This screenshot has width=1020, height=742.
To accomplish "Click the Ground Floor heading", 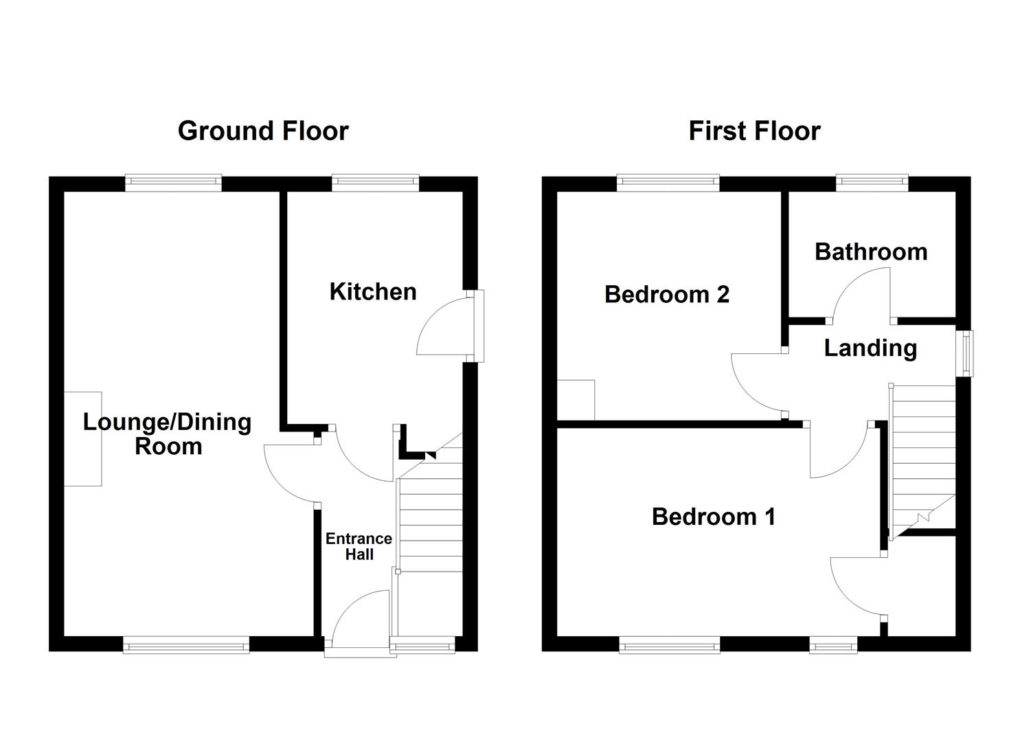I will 263,131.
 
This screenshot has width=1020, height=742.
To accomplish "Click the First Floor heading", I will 754,131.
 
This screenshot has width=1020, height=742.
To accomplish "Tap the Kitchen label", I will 373,291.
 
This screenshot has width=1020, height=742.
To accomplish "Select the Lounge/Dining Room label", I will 168,434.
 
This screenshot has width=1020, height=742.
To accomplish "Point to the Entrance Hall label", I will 359,546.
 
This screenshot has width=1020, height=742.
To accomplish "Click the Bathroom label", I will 871,251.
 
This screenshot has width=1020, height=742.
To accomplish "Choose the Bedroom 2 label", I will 666,294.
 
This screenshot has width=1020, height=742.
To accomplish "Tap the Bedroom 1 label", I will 714,516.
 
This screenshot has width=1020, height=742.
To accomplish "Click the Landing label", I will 870,348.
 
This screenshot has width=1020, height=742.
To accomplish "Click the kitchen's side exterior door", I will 477,325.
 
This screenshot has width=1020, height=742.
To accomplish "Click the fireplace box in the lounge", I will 83,439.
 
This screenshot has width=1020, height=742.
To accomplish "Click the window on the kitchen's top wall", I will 375,181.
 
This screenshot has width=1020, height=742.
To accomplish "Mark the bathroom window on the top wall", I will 872,181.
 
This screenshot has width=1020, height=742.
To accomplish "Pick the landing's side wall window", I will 967,353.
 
